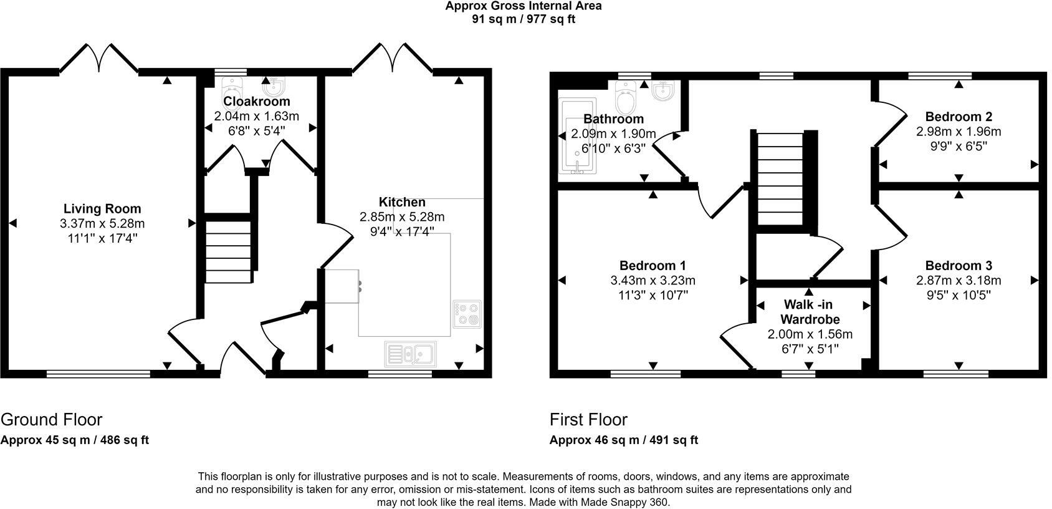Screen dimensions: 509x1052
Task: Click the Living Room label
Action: click(102, 209)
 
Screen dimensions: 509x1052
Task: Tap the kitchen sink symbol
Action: click(411, 354)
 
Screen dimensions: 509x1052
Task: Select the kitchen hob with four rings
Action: click(467, 314)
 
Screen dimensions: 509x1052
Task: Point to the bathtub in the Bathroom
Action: click(577, 136)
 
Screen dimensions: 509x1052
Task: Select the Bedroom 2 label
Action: click(959, 117)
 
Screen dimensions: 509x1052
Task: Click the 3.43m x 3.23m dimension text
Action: click(653, 281)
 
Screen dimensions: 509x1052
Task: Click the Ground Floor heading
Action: click(51, 419)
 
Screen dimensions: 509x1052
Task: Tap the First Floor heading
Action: click(588, 419)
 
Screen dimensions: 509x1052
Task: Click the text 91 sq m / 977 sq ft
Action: click(524, 19)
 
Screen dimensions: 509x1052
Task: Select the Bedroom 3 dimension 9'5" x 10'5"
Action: click(959, 295)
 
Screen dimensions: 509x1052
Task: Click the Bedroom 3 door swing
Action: click(891, 228)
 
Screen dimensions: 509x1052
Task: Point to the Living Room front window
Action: click(98, 374)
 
